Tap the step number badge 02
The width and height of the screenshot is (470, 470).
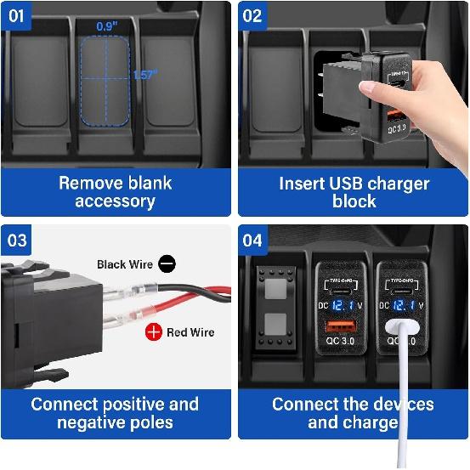[x=252, y=15]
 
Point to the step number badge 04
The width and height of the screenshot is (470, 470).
[x=252, y=241]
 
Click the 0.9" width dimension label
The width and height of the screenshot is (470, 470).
[x=107, y=26]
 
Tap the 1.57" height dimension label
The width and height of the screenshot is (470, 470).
[x=144, y=75]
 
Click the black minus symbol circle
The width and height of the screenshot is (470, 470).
[x=167, y=264]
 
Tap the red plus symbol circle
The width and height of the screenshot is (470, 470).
[x=153, y=332]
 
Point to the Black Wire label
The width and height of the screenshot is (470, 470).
[x=125, y=264]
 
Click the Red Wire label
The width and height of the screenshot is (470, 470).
[x=190, y=332]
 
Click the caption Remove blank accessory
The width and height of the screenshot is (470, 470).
[x=115, y=192]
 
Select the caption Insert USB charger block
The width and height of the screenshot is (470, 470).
[x=354, y=192]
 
